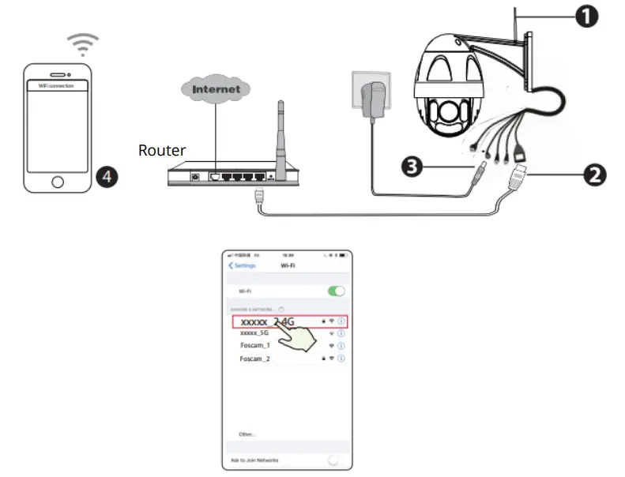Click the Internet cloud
pos(216,89)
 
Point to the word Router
pos(161,150)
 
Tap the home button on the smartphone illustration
pos(57,182)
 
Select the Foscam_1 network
pos(255,346)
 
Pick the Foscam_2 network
pos(255,359)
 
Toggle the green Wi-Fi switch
pos(337,291)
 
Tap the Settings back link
pos(241,265)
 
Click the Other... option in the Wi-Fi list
pos(247,434)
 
